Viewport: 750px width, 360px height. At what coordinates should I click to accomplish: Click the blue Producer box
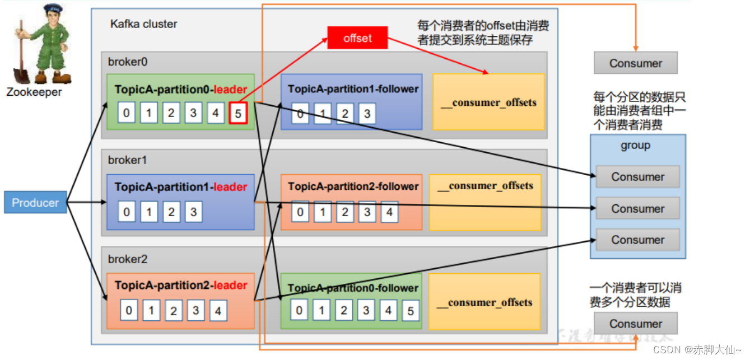tap(35, 203)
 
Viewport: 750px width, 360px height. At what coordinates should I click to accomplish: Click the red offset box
tap(357, 38)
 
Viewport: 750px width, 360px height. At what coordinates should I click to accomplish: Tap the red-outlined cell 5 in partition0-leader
tap(238, 114)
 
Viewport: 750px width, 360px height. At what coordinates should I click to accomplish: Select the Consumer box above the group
tap(636, 63)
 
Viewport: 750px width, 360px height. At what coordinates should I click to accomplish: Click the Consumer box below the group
tap(636, 324)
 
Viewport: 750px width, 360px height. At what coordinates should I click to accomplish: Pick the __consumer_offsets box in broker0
tap(488, 102)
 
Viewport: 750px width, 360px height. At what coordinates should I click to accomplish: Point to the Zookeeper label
tap(34, 92)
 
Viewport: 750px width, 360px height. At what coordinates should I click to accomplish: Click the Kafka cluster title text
tap(143, 24)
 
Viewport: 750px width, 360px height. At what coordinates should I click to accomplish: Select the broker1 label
tap(127, 160)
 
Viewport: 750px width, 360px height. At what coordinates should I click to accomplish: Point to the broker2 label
tap(128, 260)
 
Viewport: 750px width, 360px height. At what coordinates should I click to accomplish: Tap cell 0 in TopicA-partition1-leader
tap(127, 212)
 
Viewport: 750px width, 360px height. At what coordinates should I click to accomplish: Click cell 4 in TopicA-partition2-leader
tap(218, 311)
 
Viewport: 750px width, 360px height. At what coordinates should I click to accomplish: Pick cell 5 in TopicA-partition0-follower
tap(411, 311)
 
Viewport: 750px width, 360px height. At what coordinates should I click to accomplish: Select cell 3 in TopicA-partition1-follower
tap(367, 114)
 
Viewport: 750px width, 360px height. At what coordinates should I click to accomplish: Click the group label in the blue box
tap(635, 146)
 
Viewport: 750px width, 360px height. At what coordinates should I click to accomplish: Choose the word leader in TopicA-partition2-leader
tap(231, 286)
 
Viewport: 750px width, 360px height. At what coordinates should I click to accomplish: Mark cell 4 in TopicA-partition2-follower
tap(389, 212)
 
